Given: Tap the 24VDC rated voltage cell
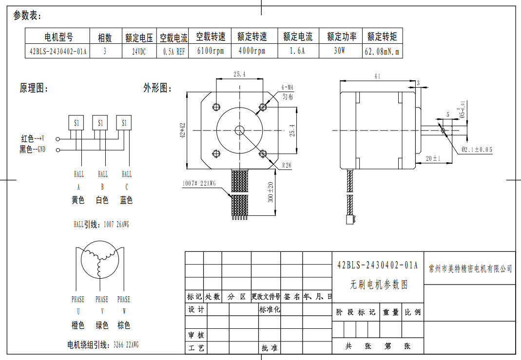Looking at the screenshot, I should pyautogui.click(x=139, y=51).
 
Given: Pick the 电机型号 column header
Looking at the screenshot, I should pyautogui.click(x=58, y=37).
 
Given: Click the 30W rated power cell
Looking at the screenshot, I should pyautogui.click(x=339, y=51).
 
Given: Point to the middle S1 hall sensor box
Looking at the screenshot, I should pyautogui.click(x=100, y=123).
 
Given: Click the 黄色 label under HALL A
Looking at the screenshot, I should pyautogui.click(x=78, y=200).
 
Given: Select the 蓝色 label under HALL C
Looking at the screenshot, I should pyautogui.click(x=126, y=200).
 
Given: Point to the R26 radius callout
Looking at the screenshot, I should pyautogui.click(x=287, y=166).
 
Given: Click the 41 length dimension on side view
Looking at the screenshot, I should pyautogui.click(x=377, y=76).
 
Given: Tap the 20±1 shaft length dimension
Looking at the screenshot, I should pyautogui.click(x=433, y=158).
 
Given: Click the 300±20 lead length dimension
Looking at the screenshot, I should pyautogui.click(x=271, y=192).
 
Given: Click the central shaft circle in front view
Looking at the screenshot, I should pyautogui.click(x=239, y=130).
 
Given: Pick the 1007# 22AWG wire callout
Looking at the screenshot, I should pyautogui.click(x=199, y=184).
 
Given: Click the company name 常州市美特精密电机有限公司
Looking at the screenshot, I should pyautogui.click(x=470, y=268).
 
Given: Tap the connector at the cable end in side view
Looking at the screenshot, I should pyautogui.click(x=350, y=220).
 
